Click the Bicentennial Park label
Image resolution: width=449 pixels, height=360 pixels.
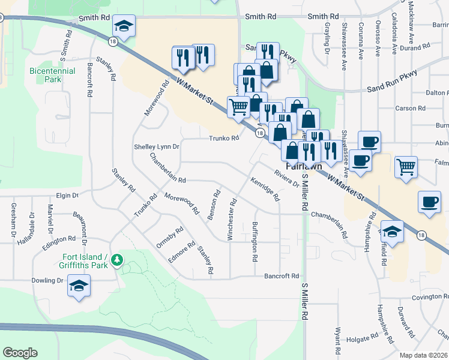point(53,74)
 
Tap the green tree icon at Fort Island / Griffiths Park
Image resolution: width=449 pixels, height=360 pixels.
point(119,260)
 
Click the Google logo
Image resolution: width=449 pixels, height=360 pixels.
point(20,353)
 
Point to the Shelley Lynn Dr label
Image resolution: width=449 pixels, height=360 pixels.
point(156,147)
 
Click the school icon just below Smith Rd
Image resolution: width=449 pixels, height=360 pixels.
point(123,26)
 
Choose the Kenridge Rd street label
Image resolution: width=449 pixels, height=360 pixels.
point(265,188)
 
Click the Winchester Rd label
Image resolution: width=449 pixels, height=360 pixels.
point(231,220)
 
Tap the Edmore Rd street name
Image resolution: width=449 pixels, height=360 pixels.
point(181,252)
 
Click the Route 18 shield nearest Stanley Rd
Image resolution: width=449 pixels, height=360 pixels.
point(113,41)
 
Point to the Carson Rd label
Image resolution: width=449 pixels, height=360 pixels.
point(411,109)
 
